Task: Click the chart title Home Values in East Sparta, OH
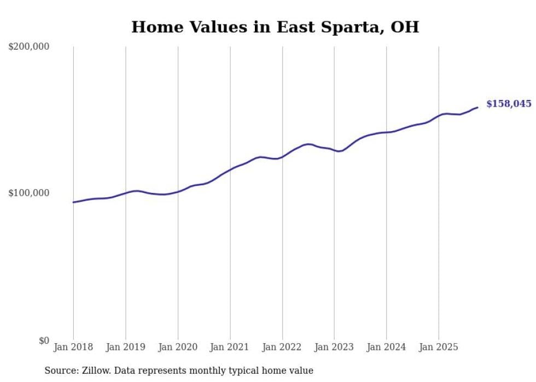coord(275,27)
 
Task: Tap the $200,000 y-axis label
coord(29,46)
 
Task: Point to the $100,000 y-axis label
coord(29,193)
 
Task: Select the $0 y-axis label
coord(44,341)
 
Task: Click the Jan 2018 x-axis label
coord(73,347)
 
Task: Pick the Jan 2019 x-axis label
coord(126,347)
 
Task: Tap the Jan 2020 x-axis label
coord(178,347)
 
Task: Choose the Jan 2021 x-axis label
coord(230,347)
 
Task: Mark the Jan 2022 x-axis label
coord(282,347)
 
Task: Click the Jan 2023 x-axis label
coord(334,347)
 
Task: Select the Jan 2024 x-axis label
coord(386,347)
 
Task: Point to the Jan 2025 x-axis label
coord(439,347)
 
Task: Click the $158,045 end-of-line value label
coord(509,104)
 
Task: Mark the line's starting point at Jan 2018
coord(74,202)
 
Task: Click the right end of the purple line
coord(477,107)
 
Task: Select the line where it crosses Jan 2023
coord(334,150)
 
